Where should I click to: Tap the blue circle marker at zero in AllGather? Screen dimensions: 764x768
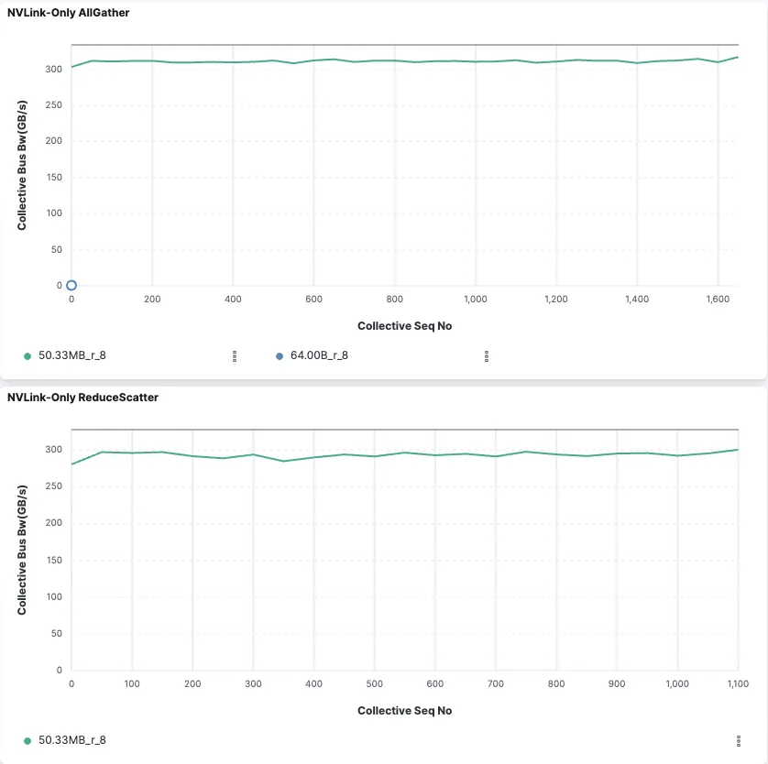[x=71, y=286]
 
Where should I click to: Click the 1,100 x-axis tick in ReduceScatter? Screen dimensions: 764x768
[x=738, y=683]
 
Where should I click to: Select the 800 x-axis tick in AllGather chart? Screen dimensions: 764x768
[x=394, y=299]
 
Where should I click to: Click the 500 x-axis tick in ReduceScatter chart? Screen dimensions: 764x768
[x=374, y=683]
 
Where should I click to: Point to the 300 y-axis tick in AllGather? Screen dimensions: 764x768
[x=53, y=69]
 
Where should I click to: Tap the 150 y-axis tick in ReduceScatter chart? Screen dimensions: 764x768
[x=53, y=560]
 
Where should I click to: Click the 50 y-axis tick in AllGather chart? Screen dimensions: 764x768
[x=56, y=249]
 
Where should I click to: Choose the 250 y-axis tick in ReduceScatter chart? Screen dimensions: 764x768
[x=53, y=486]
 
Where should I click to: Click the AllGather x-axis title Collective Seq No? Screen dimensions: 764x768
[x=404, y=326]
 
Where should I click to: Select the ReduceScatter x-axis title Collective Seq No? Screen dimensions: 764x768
[x=404, y=711]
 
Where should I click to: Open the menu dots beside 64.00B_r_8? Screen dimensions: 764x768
[x=486, y=356]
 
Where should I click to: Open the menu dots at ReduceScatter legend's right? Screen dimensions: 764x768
[x=738, y=740]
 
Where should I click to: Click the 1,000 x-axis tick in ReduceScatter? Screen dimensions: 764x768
[x=677, y=683]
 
